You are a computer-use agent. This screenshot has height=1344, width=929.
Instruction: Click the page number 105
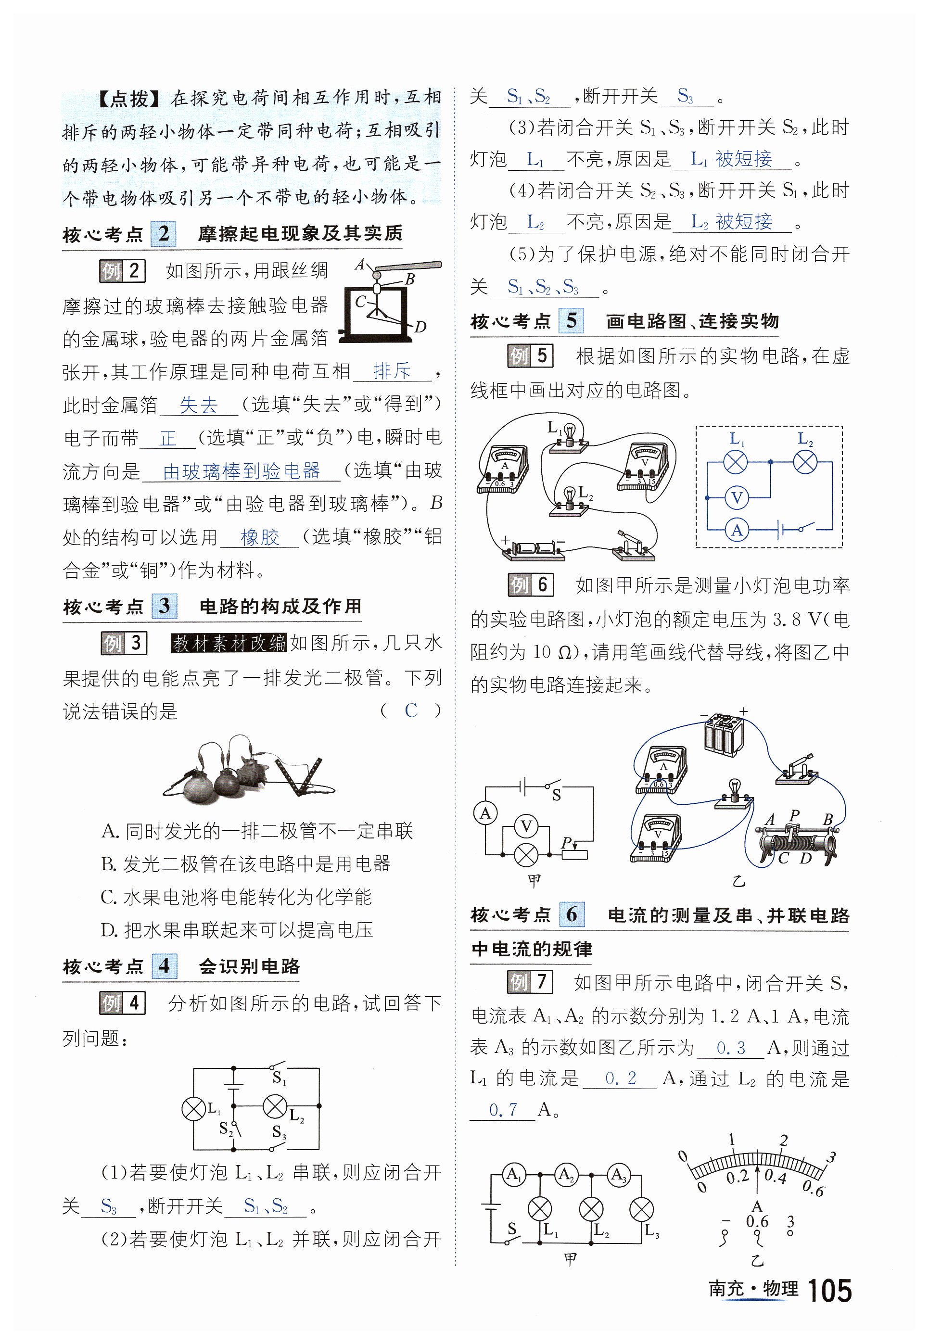(829, 1291)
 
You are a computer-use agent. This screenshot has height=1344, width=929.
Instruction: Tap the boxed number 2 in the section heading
(164, 234)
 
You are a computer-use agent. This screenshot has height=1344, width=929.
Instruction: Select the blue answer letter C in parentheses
(411, 710)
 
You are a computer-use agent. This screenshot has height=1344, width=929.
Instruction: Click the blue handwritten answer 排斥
(392, 370)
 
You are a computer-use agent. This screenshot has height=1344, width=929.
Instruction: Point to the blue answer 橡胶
(260, 536)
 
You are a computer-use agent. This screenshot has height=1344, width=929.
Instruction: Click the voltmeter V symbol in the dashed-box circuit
(737, 497)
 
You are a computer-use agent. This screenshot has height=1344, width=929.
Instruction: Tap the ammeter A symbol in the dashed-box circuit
(737, 530)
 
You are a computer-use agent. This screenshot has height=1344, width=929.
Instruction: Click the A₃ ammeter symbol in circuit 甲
(618, 1174)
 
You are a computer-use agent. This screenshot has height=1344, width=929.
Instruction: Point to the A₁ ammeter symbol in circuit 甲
(513, 1174)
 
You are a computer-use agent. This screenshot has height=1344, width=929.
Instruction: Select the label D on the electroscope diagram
(420, 327)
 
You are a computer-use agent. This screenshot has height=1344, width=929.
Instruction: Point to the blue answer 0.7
(503, 1110)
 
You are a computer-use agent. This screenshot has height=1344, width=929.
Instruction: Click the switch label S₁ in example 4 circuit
(280, 1078)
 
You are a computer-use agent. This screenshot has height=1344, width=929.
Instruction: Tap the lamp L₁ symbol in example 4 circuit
(194, 1109)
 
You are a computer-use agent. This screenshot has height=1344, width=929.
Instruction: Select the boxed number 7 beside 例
(541, 983)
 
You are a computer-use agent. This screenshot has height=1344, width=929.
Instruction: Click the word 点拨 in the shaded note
(130, 99)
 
